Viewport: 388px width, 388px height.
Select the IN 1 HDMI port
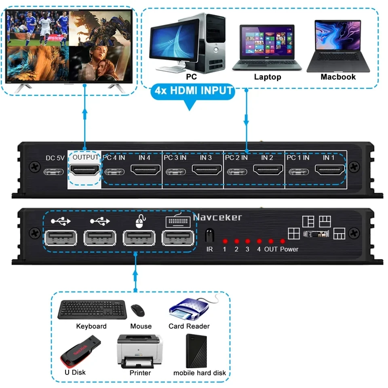click(x=329, y=171)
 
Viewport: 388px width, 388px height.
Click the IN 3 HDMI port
click(x=206, y=171)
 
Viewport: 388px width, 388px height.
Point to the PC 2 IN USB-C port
click(x=236, y=171)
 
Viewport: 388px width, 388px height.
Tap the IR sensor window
click(x=209, y=235)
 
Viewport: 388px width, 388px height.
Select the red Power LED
click(x=283, y=241)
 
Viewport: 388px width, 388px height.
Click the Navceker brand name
click(x=217, y=217)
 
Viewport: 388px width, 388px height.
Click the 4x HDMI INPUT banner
click(x=194, y=90)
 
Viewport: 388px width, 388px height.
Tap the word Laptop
click(x=267, y=77)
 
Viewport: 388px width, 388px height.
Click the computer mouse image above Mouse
click(x=138, y=310)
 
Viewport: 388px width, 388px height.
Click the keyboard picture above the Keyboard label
click(x=91, y=310)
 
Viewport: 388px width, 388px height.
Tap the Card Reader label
click(x=189, y=326)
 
